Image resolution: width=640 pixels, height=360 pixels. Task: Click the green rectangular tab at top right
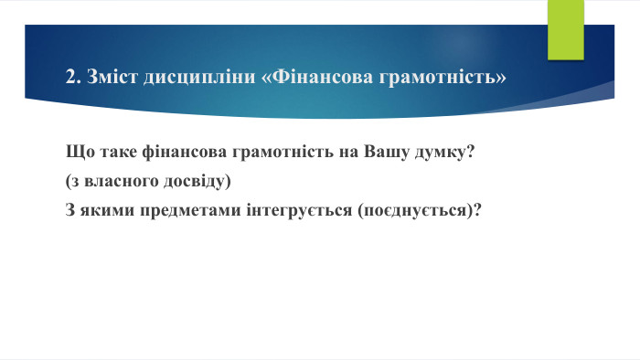[x=565, y=29]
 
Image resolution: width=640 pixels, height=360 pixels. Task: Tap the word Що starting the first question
[x=79, y=151]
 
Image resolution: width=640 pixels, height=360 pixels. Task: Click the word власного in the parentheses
[x=118, y=181]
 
